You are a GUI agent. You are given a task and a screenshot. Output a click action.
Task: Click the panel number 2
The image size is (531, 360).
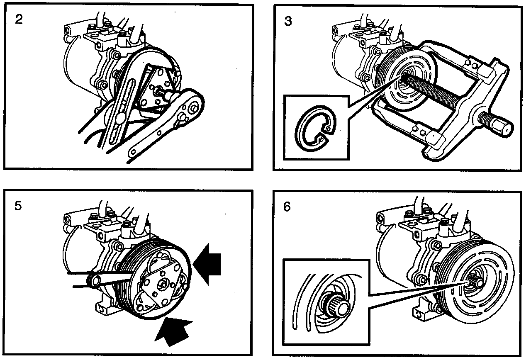point(19,19)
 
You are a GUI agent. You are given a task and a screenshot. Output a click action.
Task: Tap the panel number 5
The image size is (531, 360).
point(18,206)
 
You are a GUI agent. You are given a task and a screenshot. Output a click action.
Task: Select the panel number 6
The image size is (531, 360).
point(287,207)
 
